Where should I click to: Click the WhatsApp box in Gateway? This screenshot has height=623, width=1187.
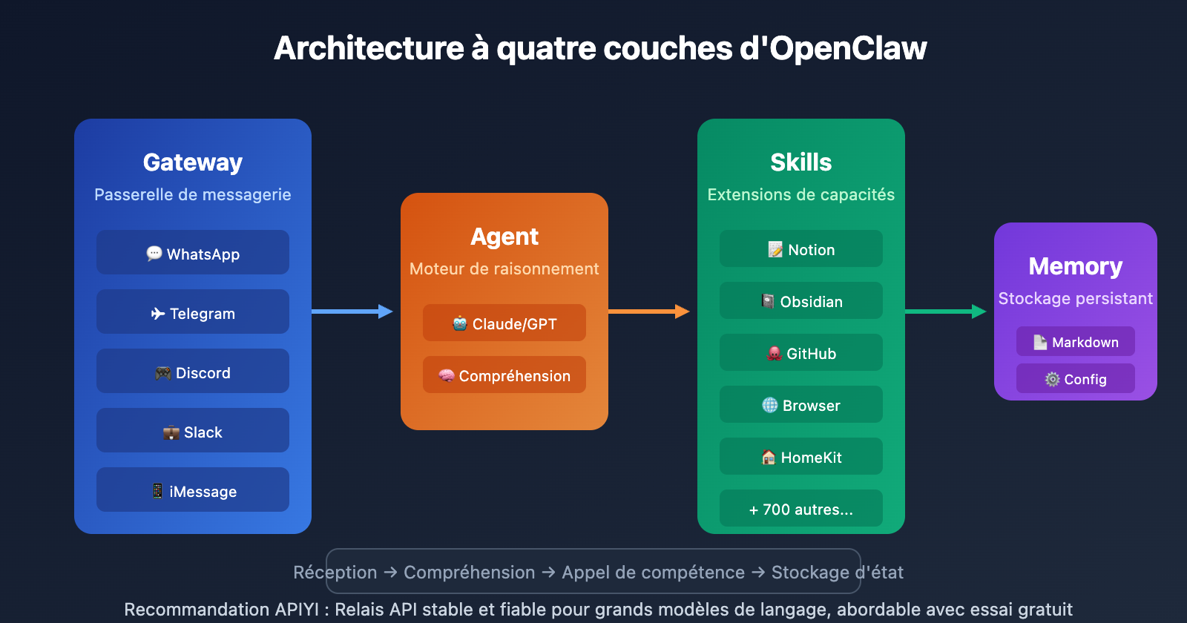(193, 253)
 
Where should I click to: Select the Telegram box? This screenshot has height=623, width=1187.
(193, 312)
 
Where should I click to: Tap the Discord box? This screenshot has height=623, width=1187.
(193, 372)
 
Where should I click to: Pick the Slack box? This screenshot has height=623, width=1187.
(193, 431)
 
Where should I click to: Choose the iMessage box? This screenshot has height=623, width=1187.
(193, 490)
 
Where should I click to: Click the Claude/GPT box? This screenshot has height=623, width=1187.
(504, 323)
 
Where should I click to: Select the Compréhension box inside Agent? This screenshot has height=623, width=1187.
(504, 375)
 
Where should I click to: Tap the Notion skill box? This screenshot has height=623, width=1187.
(801, 249)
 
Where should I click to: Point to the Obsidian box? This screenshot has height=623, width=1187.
(801, 301)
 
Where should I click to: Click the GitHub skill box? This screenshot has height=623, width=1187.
(801, 353)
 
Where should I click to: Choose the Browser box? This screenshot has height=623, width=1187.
(801, 405)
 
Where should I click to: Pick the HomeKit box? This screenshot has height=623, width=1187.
(801, 457)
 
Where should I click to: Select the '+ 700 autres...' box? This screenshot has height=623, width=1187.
(801, 509)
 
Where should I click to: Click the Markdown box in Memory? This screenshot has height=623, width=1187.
(1076, 342)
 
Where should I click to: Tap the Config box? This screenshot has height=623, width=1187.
(1076, 379)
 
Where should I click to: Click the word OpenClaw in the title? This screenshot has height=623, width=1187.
(848, 49)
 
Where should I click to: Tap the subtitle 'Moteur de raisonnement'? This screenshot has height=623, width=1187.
(504, 268)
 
